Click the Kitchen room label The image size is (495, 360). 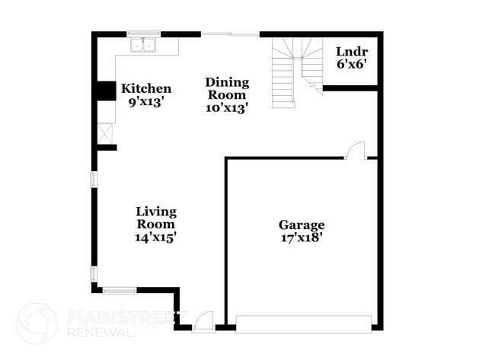(146, 89)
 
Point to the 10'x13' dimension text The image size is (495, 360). (227, 108)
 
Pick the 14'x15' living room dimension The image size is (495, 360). (156, 237)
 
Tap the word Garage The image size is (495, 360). (302, 225)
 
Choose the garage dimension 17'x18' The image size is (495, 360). (302, 237)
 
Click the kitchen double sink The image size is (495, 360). (144, 45)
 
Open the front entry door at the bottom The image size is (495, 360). (203, 323)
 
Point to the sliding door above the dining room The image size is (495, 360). (230, 34)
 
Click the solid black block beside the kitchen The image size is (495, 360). (103, 90)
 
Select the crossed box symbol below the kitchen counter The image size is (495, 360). (105, 133)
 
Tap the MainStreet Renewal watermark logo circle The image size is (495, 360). (37, 323)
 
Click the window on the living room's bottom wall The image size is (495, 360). (120, 289)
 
